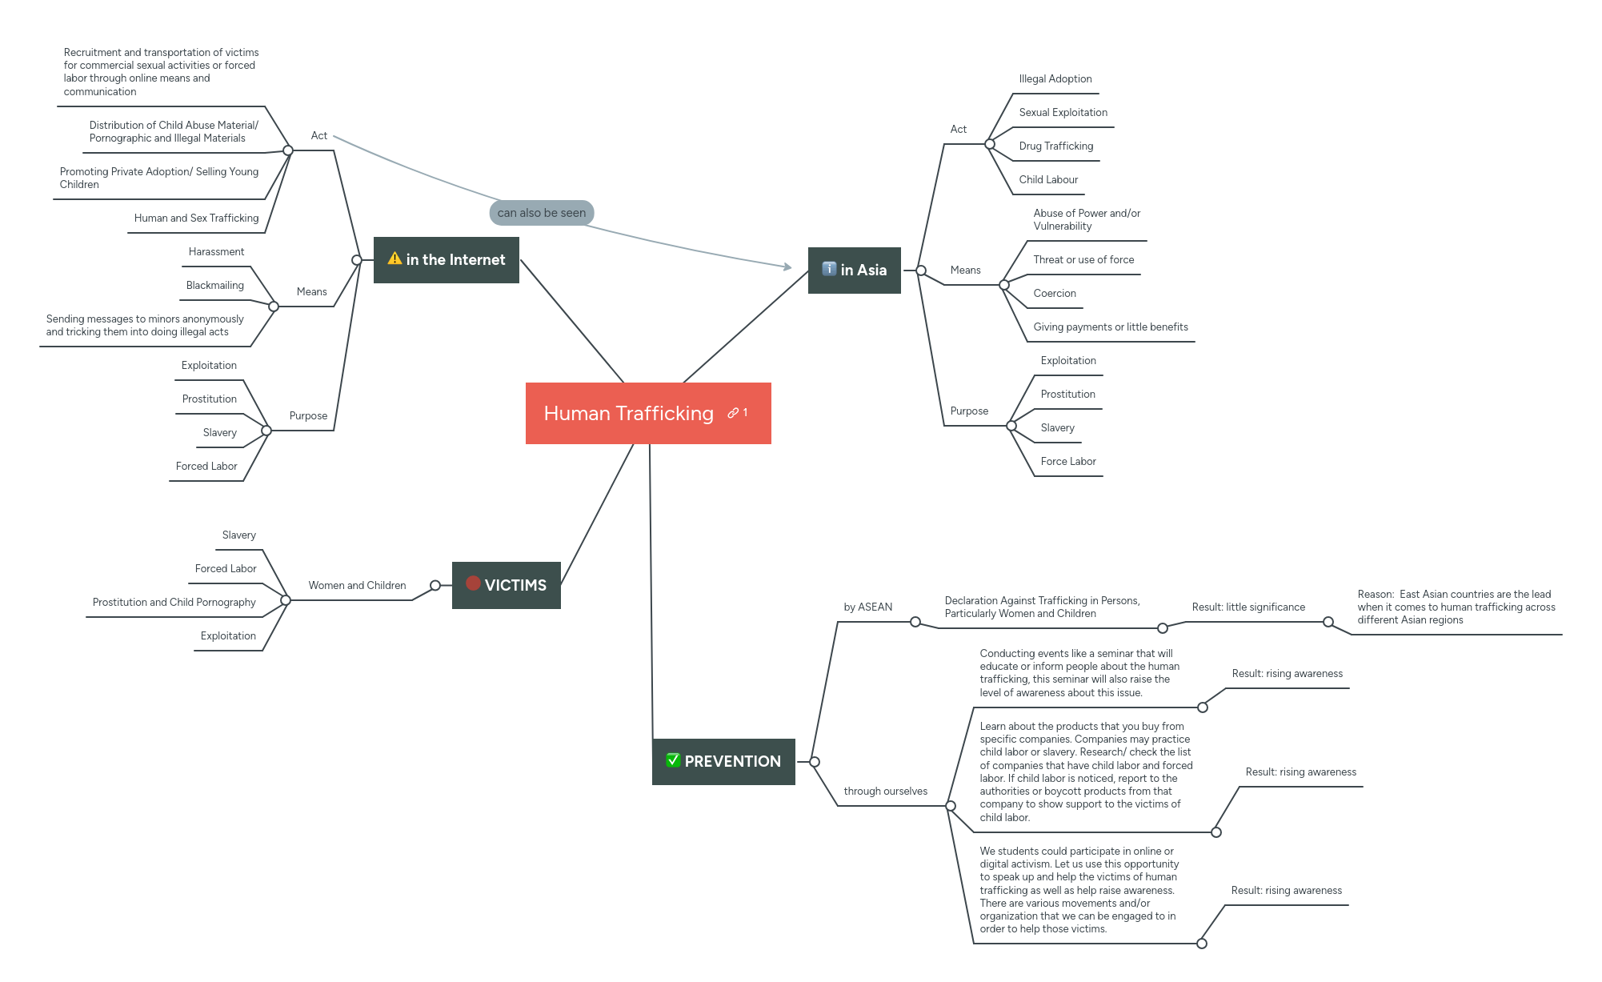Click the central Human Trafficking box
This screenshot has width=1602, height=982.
pyautogui.click(x=628, y=413)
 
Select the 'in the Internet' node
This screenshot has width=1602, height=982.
pyautogui.click(x=447, y=260)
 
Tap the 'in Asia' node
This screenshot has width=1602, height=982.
pyautogui.click(x=855, y=271)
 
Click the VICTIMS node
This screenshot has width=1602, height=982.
pyautogui.click(x=507, y=585)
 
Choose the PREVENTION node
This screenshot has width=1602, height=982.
pyautogui.click(x=724, y=761)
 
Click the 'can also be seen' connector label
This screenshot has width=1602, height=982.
pyautogui.click(x=542, y=213)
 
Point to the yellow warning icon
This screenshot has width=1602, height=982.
pyautogui.click(x=394, y=259)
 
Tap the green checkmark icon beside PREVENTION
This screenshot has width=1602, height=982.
pyautogui.click(x=673, y=760)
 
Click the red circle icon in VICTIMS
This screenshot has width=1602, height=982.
pyautogui.click(x=473, y=583)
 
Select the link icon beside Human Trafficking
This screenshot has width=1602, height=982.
pyautogui.click(x=733, y=413)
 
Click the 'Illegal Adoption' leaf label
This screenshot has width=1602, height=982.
pyautogui.click(x=1055, y=79)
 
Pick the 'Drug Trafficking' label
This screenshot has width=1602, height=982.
pyautogui.click(x=1055, y=146)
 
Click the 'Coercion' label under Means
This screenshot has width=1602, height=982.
pyautogui.click(x=1054, y=294)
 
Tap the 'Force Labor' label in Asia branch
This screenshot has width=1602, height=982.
pyautogui.click(x=1067, y=462)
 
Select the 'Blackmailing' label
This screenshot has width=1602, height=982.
pyautogui.click(x=214, y=286)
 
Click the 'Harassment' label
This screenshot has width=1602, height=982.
pyautogui.click(x=216, y=252)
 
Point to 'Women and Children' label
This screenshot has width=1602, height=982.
pyautogui.click(x=357, y=586)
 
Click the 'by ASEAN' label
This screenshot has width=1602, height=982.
pyautogui.click(x=867, y=607)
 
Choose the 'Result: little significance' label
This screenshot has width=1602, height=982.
pyautogui.click(x=1248, y=607)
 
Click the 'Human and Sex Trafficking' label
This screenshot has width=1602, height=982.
pyautogui.click(x=196, y=218)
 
